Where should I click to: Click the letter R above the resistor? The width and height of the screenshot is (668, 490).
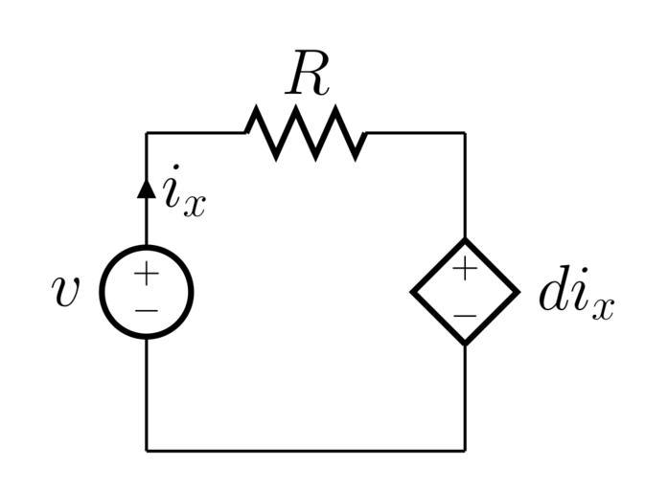click(x=308, y=77)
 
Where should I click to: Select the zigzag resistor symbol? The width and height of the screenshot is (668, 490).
click(x=306, y=133)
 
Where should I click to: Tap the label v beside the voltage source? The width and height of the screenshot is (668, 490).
click(x=66, y=292)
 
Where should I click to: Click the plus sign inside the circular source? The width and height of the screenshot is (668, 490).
click(x=146, y=274)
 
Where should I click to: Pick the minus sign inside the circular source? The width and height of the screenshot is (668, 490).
click(x=146, y=311)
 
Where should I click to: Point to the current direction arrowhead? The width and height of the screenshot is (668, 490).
click(x=146, y=187)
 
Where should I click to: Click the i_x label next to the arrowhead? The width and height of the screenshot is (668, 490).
click(x=182, y=196)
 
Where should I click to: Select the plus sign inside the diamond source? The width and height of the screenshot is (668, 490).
click(x=465, y=269)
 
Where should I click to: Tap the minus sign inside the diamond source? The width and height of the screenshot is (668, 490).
click(x=465, y=315)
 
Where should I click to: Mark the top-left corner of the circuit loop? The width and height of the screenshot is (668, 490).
click(x=147, y=133)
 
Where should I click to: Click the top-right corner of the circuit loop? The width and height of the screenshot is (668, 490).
click(x=465, y=133)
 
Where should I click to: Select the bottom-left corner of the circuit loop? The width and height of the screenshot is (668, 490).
click(x=147, y=449)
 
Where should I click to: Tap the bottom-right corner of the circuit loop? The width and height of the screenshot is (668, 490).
click(x=465, y=449)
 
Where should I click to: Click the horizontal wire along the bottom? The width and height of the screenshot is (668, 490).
click(x=306, y=449)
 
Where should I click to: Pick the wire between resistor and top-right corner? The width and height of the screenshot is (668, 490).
click(x=417, y=133)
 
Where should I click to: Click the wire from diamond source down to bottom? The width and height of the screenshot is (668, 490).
click(x=465, y=397)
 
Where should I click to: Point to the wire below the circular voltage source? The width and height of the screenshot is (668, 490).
click(x=147, y=392)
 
